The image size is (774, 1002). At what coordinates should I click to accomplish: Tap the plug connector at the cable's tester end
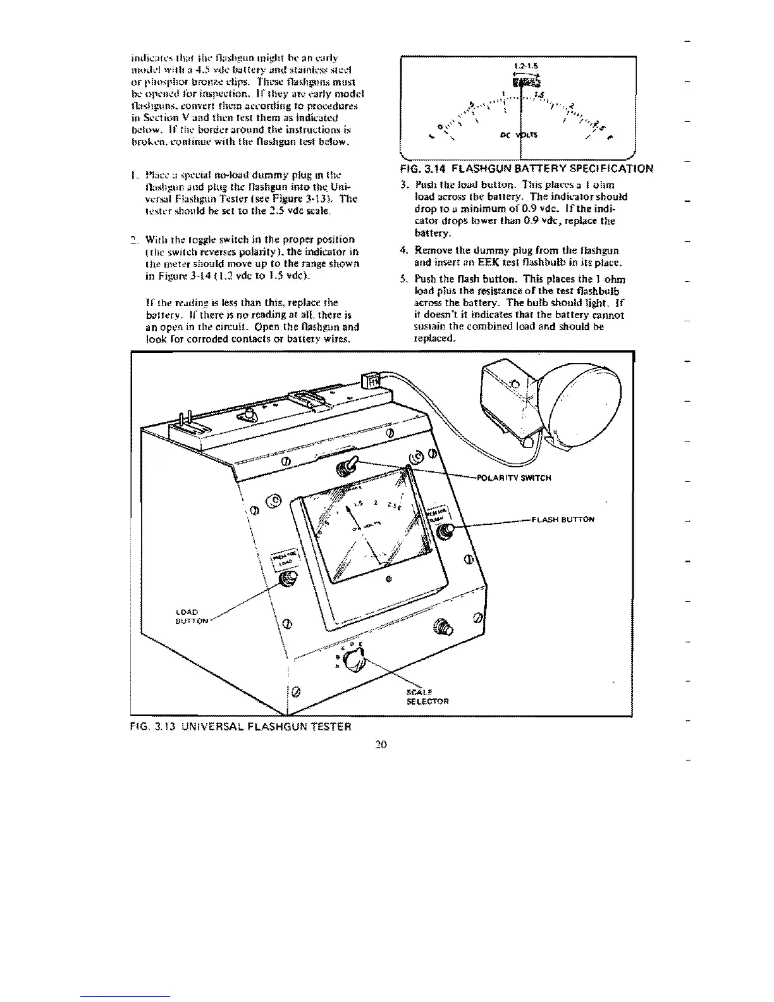click(x=368, y=381)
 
